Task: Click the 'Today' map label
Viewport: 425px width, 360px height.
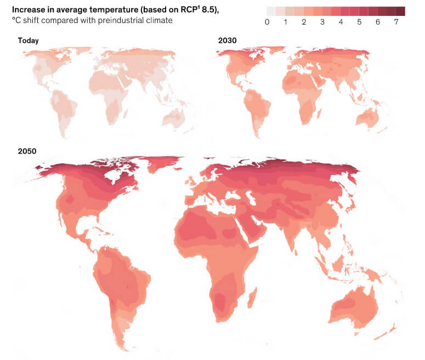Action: pyautogui.click(x=28, y=41)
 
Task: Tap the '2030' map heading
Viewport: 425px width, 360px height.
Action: pyautogui.click(x=227, y=41)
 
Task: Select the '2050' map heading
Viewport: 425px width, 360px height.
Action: pyautogui.click(x=27, y=151)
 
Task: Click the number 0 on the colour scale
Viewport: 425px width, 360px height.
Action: pyautogui.click(x=267, y=22)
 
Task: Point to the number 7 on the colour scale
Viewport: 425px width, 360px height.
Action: pyautogui.click(x=396, y=22)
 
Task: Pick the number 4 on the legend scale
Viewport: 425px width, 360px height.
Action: pyautogui.click(x=341, y=22)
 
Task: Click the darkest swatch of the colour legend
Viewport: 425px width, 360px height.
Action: pyautogui.click(x=401, y=11)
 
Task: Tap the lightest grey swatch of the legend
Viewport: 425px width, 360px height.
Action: pyautogui.click(x=271, y=11)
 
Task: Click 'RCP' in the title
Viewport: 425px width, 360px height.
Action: pyautogui.click(x=189, y=9)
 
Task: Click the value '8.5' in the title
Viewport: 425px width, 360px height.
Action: pyautogui.click(x=208, y=10)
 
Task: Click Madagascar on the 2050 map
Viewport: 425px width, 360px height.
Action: pyautogui.click(x=252, y=297)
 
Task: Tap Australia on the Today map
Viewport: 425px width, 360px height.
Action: pyautogui.click(x=174, y=119)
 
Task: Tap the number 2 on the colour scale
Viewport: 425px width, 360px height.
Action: pyautogui.click(x=304, y=22)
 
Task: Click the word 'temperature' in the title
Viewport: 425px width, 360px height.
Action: pyautogui.click(x=113, y=10)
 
